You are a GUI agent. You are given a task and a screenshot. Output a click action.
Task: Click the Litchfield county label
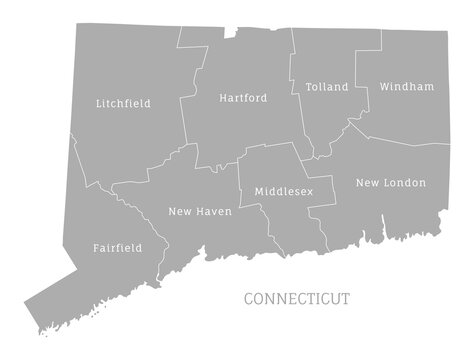[125, 103]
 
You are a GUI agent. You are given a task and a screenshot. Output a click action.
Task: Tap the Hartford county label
[242, 98]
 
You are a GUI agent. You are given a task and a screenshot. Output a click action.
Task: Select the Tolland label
[327, 87]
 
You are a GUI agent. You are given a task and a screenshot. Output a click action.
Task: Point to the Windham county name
[407, 87]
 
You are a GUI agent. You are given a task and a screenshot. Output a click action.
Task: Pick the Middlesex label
[284, 190]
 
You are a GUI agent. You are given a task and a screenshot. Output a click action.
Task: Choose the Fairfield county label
[116, 247]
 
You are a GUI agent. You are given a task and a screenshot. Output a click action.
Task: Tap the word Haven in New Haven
[214, 212]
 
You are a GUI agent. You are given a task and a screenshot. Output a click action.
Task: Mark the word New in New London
[369, 183]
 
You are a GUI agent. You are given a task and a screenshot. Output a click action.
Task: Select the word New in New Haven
[181, 212]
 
